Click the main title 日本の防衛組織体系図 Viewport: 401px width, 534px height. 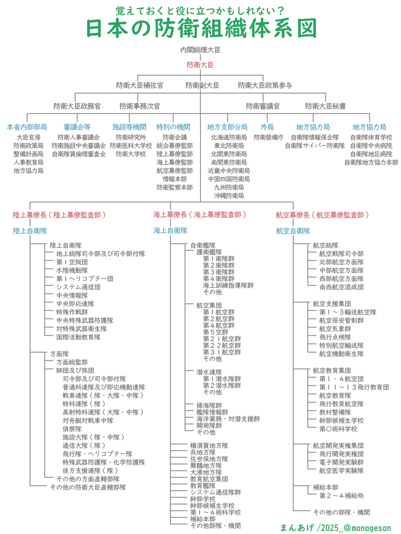tap(201, 28)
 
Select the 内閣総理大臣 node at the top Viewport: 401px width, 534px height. tap(200, 49)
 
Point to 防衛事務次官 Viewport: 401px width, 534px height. tap(140, 106)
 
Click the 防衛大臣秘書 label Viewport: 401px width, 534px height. tap(326, 106)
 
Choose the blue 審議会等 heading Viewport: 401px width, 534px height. tap(77, 127)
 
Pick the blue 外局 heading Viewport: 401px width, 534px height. tap(267, 127)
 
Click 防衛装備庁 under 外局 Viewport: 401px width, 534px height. tap(269, 138)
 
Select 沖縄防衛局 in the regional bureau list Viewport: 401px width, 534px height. tap(229, 195)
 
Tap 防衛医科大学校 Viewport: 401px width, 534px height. tap(131, 146)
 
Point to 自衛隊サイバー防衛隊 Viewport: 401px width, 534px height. tap(315, 146)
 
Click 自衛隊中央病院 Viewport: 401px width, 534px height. tap(371, 146)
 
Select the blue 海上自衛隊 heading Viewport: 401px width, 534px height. tap(170, 231)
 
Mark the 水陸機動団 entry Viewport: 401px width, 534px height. tap(72, 270)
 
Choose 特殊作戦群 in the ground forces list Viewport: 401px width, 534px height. tap(72, 312)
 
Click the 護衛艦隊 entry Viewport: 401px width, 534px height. tap(209, 251)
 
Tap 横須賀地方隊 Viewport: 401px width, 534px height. tap(209, 445)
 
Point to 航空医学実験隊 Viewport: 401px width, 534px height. tap(341, 470)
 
